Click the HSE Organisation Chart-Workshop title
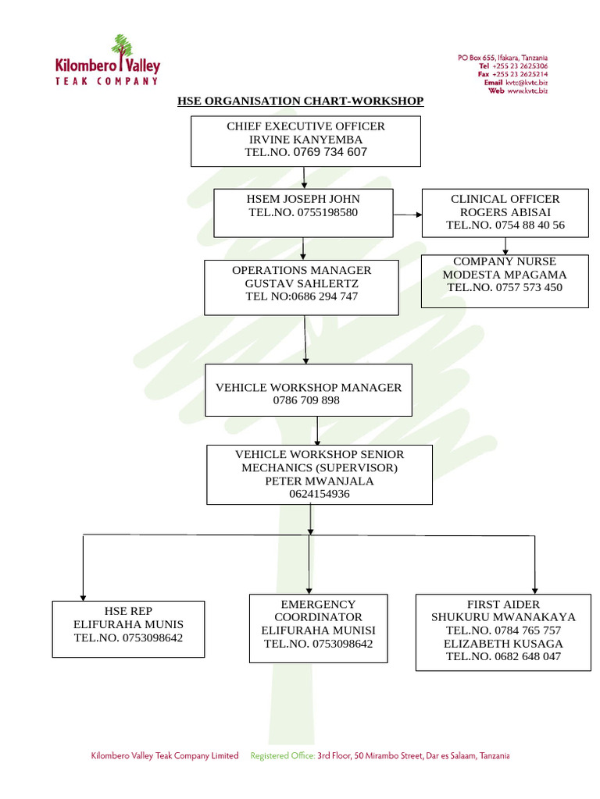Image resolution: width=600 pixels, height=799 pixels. click(300, 101)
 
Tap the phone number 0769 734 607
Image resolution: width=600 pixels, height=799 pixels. click(330, 152)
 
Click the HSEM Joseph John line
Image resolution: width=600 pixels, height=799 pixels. click(303, 199)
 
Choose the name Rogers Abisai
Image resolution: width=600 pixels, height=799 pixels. click(505, 212)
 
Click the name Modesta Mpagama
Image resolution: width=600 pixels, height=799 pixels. click(505, 275)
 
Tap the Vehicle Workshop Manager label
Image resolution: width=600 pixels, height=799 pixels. click(309, 387)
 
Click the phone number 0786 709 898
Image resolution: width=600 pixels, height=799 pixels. click(306, 400)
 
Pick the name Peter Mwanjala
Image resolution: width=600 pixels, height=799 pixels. click(319, 481)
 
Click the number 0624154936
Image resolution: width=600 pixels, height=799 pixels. click(319, 494)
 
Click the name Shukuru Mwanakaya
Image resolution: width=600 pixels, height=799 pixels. click(503, 617)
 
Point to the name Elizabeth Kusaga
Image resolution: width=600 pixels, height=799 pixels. click(503, 644)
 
